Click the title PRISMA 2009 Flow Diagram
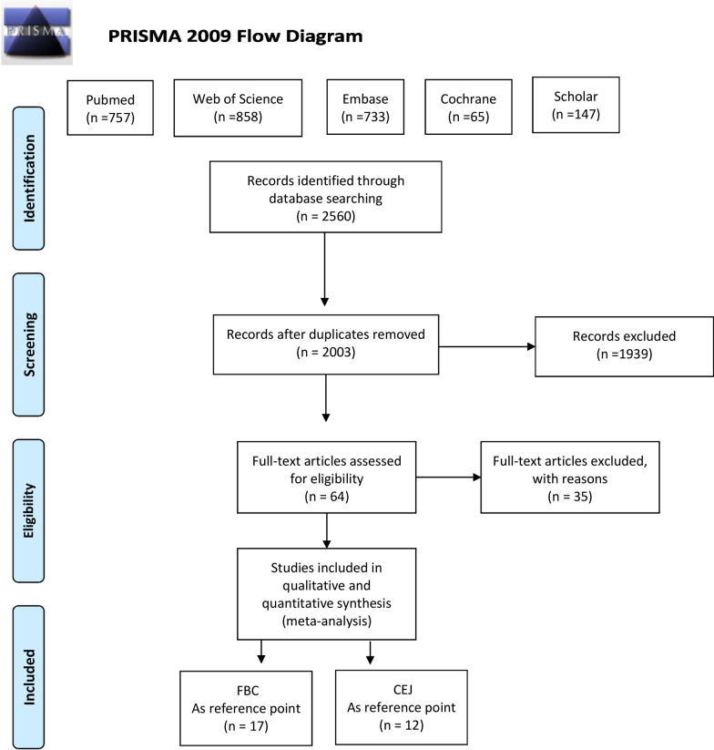point(235,37)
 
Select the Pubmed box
point(110,108)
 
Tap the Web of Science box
point(237,108)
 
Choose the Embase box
point(365,108)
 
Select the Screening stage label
point(32,339)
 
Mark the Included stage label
point(32,671)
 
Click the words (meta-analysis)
point(325,619)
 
